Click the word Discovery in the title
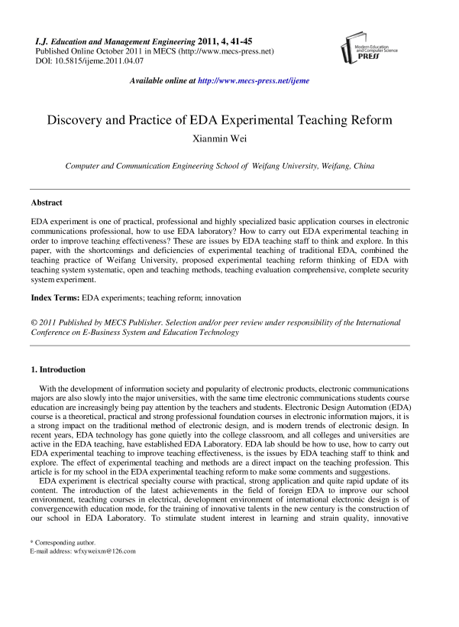click(76, 121)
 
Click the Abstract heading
click(47, 203)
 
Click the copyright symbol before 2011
click(34, 323)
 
